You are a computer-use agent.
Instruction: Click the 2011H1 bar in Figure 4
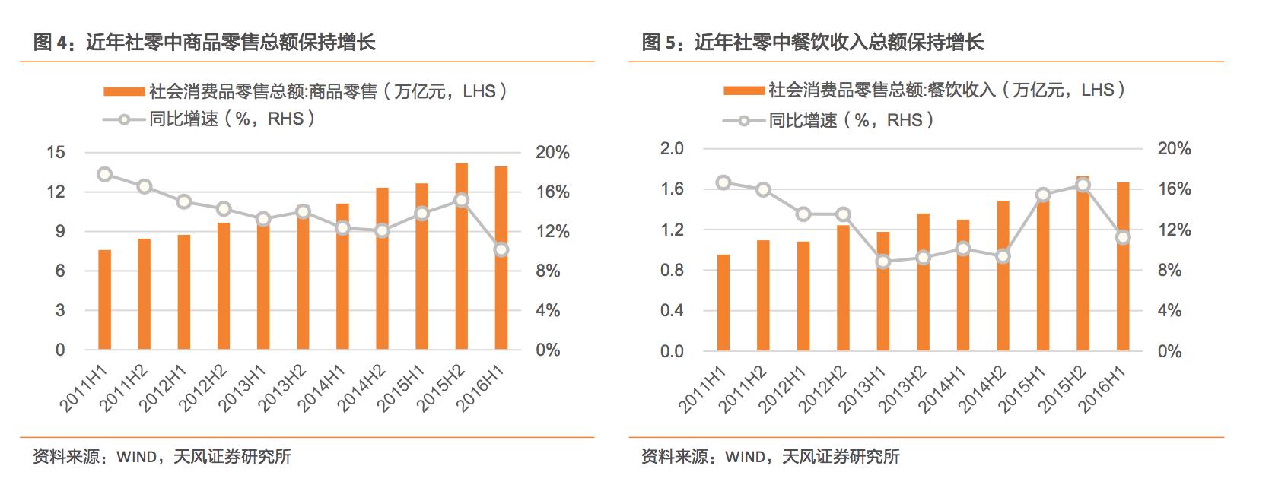tap(104, 300)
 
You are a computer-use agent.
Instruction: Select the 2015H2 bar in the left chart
tap(461, 256)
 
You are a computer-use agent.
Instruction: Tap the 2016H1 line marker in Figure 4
tap(501, 249)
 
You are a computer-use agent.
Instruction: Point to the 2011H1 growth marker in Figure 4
tap(105, 174)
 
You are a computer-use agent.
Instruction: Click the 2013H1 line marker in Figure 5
tap(882, 262)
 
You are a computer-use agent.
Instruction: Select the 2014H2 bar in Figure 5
tap(1003, 275)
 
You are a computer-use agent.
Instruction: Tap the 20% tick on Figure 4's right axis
tap(552, 152)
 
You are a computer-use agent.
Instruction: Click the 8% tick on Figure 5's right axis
tap(1169, 271)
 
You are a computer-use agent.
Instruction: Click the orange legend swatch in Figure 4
tap(124, 92)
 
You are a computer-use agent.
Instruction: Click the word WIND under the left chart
tap(135, 457)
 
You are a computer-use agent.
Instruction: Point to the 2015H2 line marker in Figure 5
tap(1083, 185)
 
